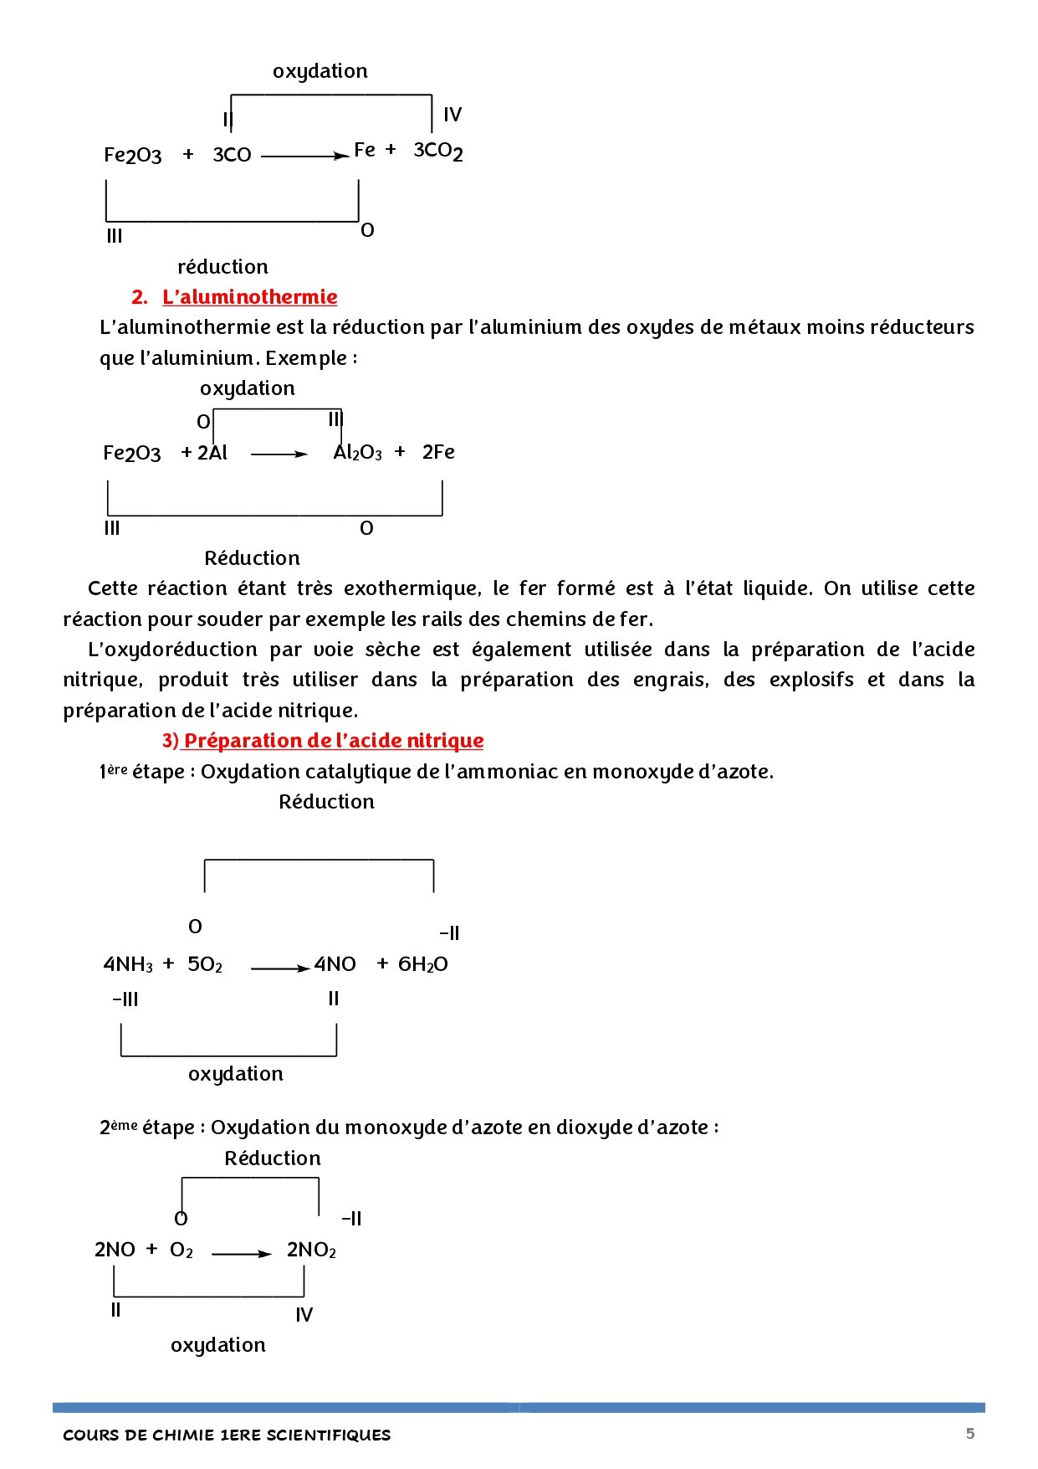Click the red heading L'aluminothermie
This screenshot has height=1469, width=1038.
tap(249, 297)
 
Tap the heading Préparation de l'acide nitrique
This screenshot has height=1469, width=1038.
tap(333, 741)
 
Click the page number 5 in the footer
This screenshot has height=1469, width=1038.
tap(970, 1433)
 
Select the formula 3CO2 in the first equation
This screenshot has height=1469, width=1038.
tap(438, 151)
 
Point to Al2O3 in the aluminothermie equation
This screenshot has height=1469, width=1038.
tap(357, 453)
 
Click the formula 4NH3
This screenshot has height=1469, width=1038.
tap(128, 964)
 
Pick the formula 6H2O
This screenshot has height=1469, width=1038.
tap(422, 964)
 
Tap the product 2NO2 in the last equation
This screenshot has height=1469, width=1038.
tap(311, 1250)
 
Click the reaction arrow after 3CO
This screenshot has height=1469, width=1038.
tap(305, 156)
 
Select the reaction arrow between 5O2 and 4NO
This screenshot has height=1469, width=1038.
tap(280, 968)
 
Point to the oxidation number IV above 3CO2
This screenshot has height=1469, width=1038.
tap(453, 115)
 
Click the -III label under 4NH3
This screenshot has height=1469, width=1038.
tap(125, 999)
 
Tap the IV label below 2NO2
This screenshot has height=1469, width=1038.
tap(304, 1315)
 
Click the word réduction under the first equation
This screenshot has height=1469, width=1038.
tap(222, 267)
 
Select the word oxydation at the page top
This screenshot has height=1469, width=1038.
tap(320, 71)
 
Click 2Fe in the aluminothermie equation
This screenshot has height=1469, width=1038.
tap(438, 452)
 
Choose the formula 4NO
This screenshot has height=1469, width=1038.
tap(335, 964)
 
